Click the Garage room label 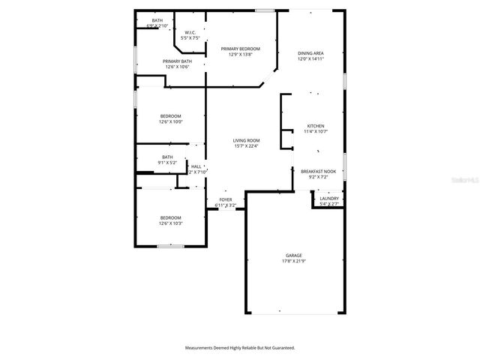click(x=293, y=256)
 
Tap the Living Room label click(x=246, y=141)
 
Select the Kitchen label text click(x=316, y=125)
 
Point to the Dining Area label click(x=310, y=53)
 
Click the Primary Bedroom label click(x=241, y=49)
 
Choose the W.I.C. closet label click(x=190, y=32)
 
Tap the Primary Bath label click(x=177, y=61)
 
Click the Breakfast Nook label click(x=319, y=172)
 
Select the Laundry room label click(x=329, y=199)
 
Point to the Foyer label click(x=226, y=199)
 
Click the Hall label click(x=196, y=166)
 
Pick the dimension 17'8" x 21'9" click(x=293, y=262)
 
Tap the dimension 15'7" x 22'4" click(x=246, y=147)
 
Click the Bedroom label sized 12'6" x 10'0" click(x=170, y=115)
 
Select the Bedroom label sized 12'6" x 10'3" click(x=170, y=217)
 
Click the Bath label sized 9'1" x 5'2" click(x=167, y=157)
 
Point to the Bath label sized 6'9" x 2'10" click(x=157, y=20)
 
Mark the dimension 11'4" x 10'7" click(x=316, y=131)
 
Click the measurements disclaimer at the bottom click(x=240, y=348)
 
